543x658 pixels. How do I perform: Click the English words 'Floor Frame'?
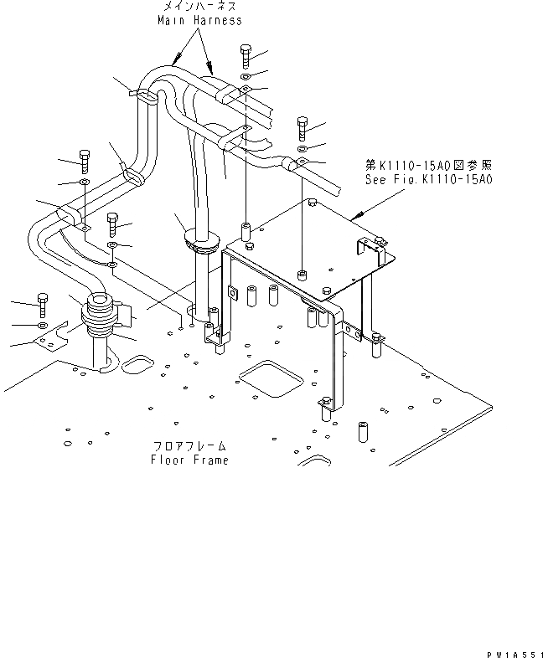(189, 460)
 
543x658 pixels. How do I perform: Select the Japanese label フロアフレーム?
(189, 447)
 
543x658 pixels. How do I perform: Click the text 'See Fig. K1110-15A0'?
(429, 179)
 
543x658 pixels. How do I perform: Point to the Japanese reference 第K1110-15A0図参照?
(429, 167)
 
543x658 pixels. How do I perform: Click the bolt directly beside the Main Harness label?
(245, 55)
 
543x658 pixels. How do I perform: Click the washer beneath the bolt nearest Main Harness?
(245, 77)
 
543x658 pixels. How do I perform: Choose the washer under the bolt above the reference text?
(303, 148)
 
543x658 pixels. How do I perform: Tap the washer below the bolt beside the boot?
(43, 324)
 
